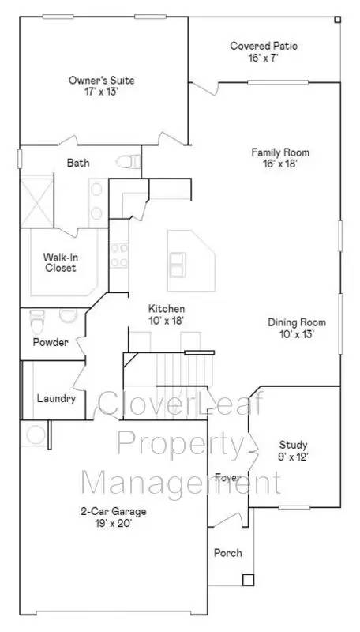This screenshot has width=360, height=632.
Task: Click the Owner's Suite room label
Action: (x=102, y=81)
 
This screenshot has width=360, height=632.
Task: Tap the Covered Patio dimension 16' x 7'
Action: (x=264, y=57)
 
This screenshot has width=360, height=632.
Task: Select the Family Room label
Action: (x=280, y=152)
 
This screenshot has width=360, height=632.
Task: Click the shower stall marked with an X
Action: (x=36, y=201)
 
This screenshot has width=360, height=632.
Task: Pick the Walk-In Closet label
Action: (x=60, y=262)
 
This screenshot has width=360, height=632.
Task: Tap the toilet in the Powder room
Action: (x=37, y=322)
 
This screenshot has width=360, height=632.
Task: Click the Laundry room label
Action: (x=56, y=399)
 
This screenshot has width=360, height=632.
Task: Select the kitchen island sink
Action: (x=177, y=265)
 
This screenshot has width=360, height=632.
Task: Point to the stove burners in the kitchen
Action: (x=118, y=255)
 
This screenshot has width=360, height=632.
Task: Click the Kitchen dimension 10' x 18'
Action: (x=167, y=321)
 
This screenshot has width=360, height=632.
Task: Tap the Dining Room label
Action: (x=297, y=322)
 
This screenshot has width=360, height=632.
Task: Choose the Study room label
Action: (x=293, y=445)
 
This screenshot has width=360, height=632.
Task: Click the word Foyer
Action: (x=228, y=478)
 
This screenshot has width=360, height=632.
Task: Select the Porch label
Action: (x=228, y=552)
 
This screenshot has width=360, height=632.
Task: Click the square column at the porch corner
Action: (x=249, y=580)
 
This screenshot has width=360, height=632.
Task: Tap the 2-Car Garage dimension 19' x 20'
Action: (x=113, y=524)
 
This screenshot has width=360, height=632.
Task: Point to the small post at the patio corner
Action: (x=337, y=19)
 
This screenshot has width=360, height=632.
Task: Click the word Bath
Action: (x=78, y=164)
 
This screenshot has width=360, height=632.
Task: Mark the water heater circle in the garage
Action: (x=36, y=434)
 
